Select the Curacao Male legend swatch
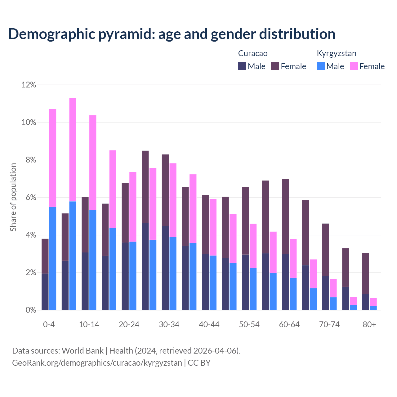[242, 66]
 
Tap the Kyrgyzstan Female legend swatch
[354, 66]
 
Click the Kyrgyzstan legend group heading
[336, 53]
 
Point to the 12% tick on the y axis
[29, 85]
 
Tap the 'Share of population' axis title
[13, 197]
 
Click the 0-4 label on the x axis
[49, 325]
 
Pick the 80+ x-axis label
[369, 325]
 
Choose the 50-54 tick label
[249, 325]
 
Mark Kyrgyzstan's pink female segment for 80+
[373, 302]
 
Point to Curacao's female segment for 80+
[366, 273]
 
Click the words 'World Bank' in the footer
[83, 351]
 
